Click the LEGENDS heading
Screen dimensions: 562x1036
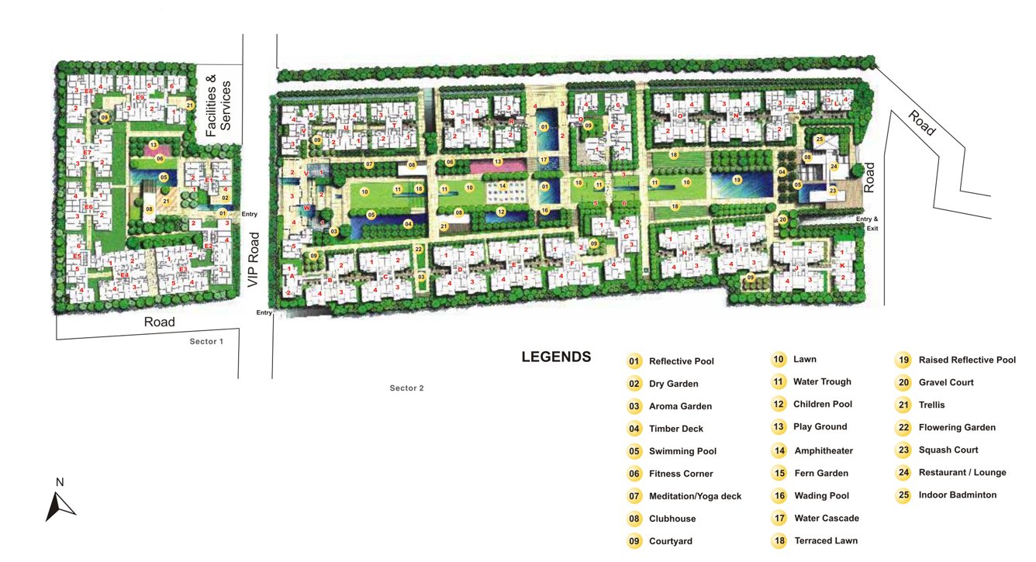[556, 357]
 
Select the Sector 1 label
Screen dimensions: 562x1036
[206, 341]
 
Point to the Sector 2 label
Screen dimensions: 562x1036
[406, 388]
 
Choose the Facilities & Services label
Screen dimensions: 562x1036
[218, 105]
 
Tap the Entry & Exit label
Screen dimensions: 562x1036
[869, 223]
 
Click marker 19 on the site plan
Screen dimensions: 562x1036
[737, 180]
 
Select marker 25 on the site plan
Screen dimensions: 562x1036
[820, 140]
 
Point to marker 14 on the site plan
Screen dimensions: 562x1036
[502, 186]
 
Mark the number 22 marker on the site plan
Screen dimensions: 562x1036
[419, 249]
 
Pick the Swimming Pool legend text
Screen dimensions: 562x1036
[682, 451]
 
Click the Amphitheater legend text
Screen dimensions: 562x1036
[823, 450]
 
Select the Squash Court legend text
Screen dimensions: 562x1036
[948, 450]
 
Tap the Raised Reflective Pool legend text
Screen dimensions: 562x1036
[966, 360]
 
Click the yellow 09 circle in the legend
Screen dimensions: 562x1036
[634, 541]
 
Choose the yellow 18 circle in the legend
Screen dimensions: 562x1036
[779, 540]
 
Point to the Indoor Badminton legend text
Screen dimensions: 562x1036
[957, 495]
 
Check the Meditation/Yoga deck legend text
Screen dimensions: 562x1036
[695, 496]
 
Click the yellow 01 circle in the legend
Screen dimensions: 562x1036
[634, 361]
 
